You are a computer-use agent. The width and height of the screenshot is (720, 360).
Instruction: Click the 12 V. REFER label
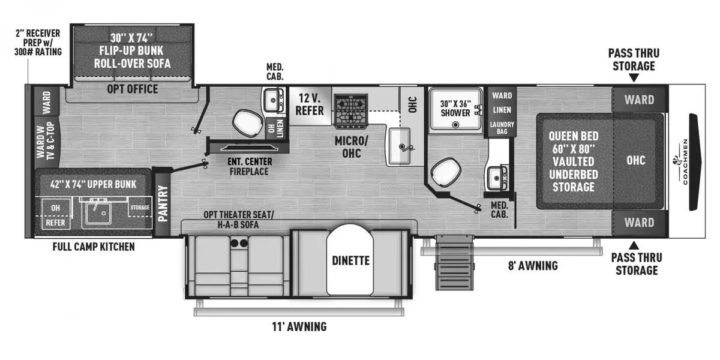click(x=310, y=105)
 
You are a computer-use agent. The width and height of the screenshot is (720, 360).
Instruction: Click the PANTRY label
click(x=162, y=203)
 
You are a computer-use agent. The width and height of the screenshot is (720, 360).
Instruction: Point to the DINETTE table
click(x=350, y=260)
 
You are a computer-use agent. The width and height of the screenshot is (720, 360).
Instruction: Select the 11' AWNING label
click(x=298, y=326)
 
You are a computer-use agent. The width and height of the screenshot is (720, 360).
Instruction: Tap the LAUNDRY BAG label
click(x=502, y=127)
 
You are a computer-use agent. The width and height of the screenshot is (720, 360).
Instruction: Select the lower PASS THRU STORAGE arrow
click(x=633, y=244)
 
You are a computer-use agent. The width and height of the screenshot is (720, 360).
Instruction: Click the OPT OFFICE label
click(x=133, y=89)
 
